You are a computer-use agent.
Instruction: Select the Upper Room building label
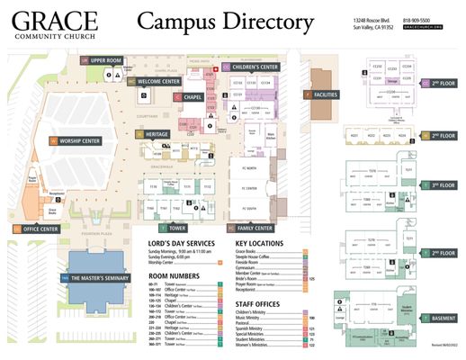[106, 60]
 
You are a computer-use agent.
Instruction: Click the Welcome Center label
[159, 82]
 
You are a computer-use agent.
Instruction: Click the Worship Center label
[79, 140]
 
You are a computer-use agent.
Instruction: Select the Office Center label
[40, 229]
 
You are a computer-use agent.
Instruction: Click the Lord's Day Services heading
[181, 244]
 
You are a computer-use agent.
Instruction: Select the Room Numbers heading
[173, 276]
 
